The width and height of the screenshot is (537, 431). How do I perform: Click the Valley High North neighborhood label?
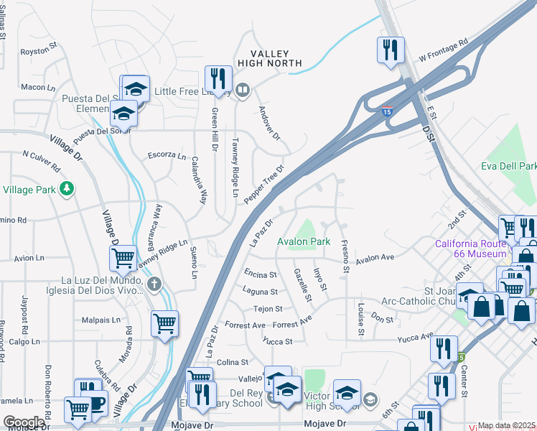[269, 58]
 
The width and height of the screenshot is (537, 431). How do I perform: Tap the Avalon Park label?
[304, 242]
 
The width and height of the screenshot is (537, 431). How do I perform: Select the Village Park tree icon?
[67, 189]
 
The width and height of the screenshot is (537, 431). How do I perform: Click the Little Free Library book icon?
[243, 91]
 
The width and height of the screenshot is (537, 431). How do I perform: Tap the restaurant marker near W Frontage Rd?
[391, 50]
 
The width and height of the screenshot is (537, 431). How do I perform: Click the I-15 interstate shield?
[387, 113]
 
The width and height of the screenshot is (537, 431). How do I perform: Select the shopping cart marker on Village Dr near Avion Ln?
[123, 256]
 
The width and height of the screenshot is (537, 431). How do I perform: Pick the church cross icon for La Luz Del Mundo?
[153, 284]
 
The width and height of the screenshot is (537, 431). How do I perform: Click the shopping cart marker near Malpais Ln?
[165, 324]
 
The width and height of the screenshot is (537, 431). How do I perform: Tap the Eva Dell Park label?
[508, 167]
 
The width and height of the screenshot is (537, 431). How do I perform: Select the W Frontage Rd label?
[443, 50]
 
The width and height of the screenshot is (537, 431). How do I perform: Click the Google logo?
[23, 422]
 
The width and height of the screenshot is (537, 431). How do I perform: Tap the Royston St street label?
[39, 52]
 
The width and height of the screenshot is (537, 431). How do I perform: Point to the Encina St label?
[261, 274]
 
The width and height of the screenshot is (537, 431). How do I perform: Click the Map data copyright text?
[507, 425]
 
